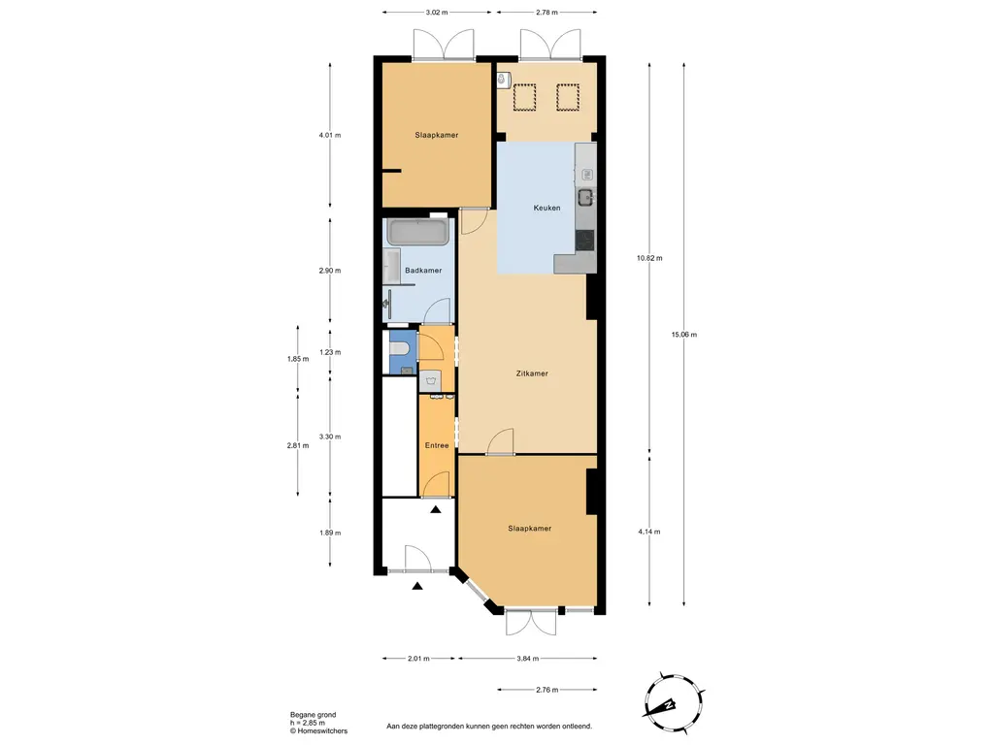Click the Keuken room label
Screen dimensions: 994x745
[x=547, y=208]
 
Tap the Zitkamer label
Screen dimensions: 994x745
[x=532, y=373]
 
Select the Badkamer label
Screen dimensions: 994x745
[x=423, y=271]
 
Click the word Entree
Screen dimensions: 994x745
[x=437, y=446]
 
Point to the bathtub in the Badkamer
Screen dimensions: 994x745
[x=418, y=232]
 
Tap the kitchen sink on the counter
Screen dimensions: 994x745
[x=586, y=196]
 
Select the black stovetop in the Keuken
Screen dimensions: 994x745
[x=585, y=241]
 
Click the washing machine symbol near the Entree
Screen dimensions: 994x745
[x=430, y=381]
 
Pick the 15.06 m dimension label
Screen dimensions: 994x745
[x=684, y=335]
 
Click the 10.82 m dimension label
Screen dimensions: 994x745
[x=649, y=258]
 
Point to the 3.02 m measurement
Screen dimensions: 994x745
[x=437, y=12]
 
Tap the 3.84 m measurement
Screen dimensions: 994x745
[x=527, y=659]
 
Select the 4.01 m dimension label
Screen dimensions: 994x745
[x=330, y=135]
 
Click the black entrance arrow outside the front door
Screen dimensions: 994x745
[x=417, y=587]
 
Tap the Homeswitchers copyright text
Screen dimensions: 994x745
[x=318, y=731]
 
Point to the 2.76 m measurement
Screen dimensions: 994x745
[x=547, y=691]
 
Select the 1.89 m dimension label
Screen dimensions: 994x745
[x=330, y=534]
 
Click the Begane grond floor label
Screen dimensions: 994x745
[x=314, y=715]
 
